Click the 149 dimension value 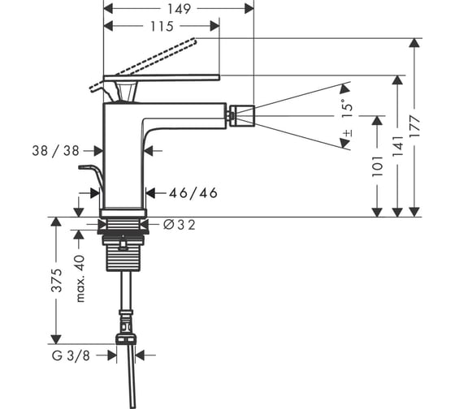(x=179, y=9)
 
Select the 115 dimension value (x=162, y=27)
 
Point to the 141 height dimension (x=397, y=145)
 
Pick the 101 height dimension (x=377, y=166)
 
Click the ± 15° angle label (x=347, y=118)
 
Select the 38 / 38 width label (x=56, y=151)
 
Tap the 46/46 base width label (x=193, y=193)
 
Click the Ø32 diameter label (x=180, y=225)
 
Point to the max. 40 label (x=80, y=278)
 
